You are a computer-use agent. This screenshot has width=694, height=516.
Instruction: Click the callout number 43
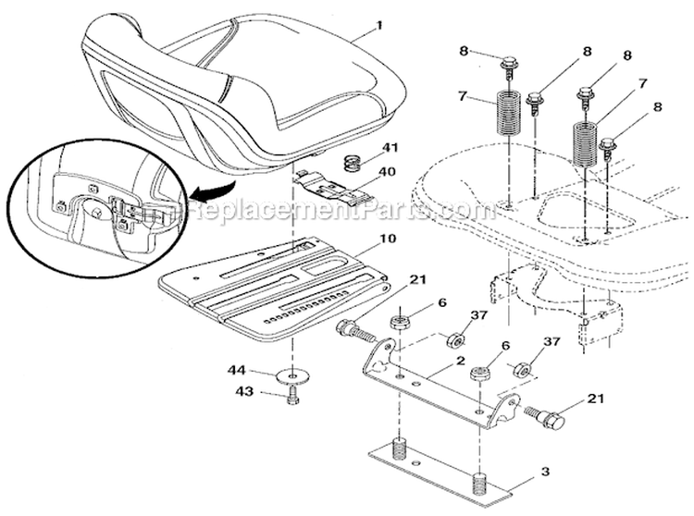(244, 391)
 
